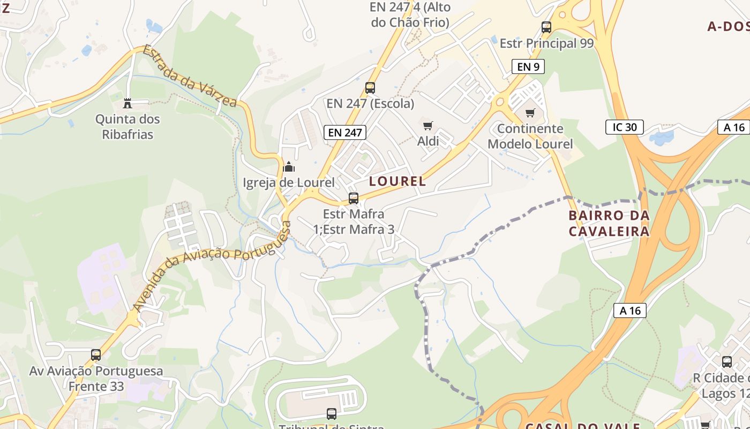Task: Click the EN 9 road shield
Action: (x=528, y=66)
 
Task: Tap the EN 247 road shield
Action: (x=345, y=132)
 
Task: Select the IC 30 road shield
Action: (x=624, y=127)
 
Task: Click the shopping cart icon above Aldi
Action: (x=427, y=126)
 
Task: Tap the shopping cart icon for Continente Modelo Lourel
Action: (x=530, y=113)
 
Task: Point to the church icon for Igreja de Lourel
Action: (x=289, y=167)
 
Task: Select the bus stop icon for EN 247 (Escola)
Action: (x=370, y=87)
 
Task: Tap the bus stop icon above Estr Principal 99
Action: (x=546, y=27)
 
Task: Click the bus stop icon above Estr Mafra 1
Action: (x=354, y=198)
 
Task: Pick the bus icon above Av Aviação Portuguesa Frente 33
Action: (x=96, y=354)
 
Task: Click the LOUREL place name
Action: (x=397, y=181)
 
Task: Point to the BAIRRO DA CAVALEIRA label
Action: (x=609, y=223)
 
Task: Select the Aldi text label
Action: (x=428, y=141)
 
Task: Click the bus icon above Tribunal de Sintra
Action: (x=332, y=413)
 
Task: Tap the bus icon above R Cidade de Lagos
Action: (x=727, y=362)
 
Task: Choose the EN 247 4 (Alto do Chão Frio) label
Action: (x=410, y=15)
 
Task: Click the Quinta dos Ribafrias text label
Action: (x=127, y=127)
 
